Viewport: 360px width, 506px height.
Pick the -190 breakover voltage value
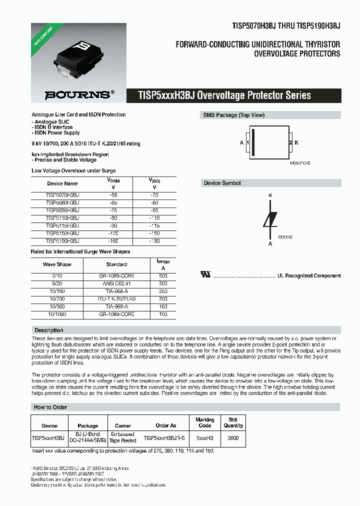155,241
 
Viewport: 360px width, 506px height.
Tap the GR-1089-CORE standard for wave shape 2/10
116,276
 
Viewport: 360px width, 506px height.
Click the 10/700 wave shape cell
57,298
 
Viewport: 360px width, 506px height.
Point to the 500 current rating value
162,276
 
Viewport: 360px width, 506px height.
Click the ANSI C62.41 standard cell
116,283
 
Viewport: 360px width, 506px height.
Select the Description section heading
48,330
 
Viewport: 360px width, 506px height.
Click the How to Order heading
50,407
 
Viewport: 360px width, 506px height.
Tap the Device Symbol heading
222,183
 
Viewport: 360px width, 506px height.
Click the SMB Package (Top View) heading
233,115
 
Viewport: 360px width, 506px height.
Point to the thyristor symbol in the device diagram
270,219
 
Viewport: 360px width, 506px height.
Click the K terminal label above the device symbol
270,195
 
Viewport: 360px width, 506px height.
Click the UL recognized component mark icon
205,274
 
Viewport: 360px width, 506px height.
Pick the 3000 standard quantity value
233,438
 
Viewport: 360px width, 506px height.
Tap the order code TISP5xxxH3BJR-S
164,438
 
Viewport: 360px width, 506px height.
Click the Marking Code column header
204,422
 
